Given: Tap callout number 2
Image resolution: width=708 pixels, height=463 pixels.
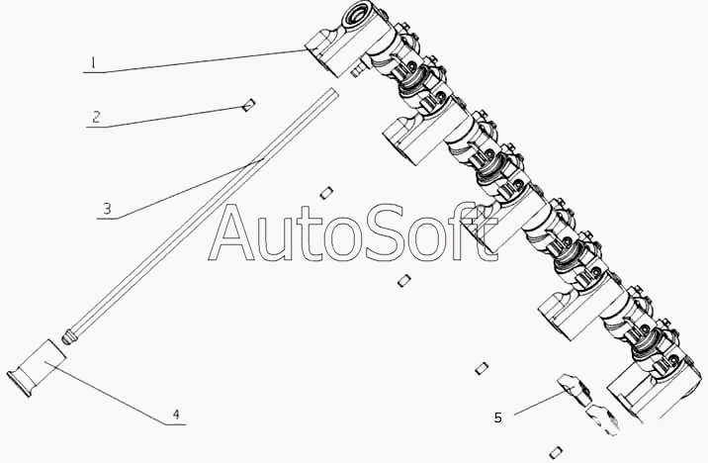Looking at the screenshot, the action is tap(96, 117).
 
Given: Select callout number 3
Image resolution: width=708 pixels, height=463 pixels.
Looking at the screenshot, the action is tap(107, 210).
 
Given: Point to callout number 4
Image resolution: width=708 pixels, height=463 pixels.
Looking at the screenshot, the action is tap(176, 415).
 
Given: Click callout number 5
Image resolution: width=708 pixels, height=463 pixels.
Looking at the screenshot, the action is tap(497, 417).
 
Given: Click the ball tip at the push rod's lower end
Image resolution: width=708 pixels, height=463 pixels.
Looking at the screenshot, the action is tap(67, 338).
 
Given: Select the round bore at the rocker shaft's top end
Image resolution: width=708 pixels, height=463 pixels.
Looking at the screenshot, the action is tap(355, 17).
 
